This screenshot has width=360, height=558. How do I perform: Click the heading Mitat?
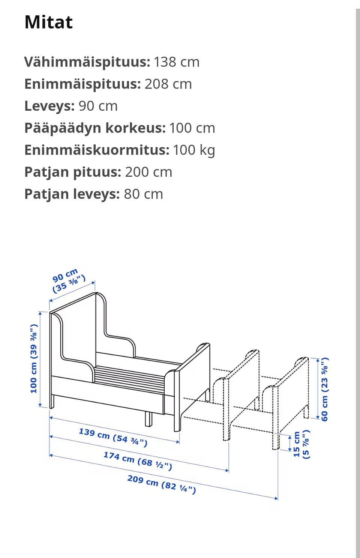48,22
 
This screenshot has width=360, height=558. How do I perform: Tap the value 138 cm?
177,62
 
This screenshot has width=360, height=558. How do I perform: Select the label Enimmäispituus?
82,84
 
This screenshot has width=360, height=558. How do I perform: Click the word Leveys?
49,106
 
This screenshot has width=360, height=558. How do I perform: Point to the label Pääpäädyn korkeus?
95,128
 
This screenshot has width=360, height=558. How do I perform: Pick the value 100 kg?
194,150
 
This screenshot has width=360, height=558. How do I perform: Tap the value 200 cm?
148,172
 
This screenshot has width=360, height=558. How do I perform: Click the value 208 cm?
168,84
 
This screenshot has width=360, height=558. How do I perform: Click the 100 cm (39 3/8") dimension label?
34,359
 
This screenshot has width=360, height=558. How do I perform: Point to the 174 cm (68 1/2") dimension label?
138,461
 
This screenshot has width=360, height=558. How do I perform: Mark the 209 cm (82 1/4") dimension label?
162,484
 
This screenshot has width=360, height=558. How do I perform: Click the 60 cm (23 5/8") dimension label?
325,388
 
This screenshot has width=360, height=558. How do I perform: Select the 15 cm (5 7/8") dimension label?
301,444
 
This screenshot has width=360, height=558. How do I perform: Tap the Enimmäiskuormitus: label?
97,150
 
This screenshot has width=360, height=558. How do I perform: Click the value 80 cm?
143,194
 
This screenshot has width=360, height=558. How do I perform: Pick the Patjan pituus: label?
73,172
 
